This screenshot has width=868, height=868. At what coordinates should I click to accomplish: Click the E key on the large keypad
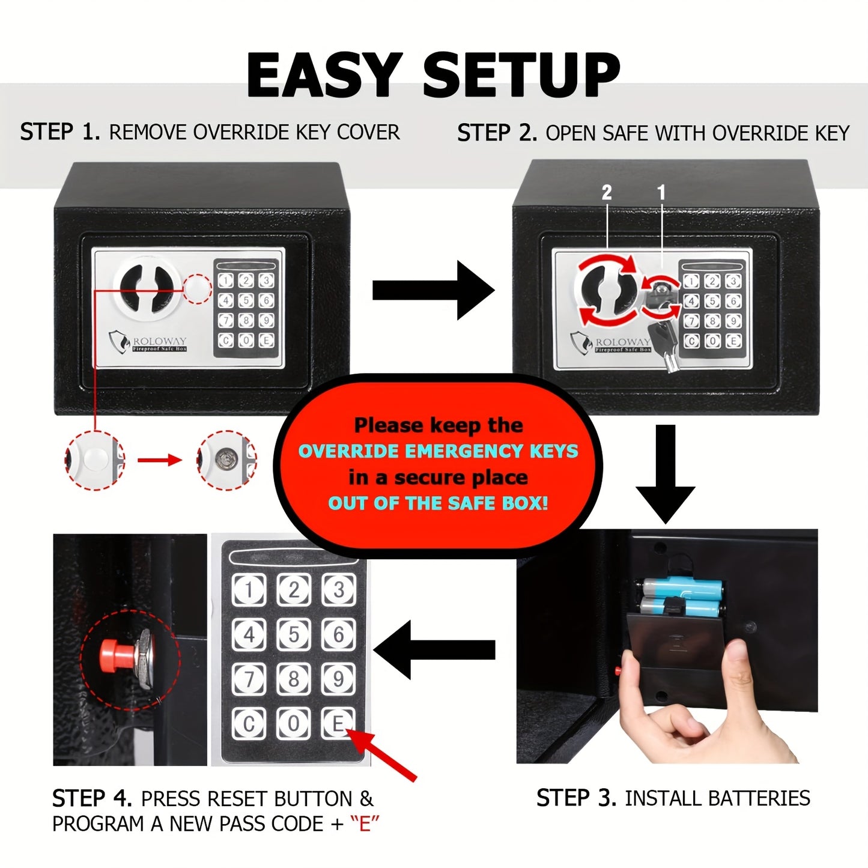[x=338, y=723]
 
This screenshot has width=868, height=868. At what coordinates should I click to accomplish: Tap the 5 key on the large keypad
[x=294, y=634]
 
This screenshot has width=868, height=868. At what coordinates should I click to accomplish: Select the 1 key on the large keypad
[x=249, y=590]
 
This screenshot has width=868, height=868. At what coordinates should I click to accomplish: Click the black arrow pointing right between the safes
[x=433, y=290]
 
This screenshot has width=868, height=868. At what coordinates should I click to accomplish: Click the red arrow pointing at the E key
[x=384, y=756]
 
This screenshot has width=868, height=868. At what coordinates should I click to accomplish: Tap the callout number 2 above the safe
[x=607, y=193]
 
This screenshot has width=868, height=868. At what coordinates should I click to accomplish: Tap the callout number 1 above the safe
[x=661, y=193]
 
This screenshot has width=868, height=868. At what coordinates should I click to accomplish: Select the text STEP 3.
[x=575, y=798]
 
